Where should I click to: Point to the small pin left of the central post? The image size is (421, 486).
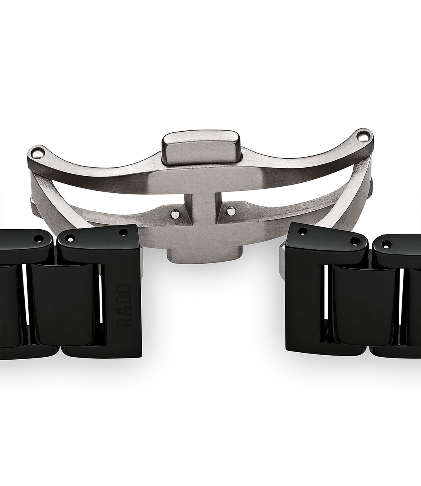coord(174,214)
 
